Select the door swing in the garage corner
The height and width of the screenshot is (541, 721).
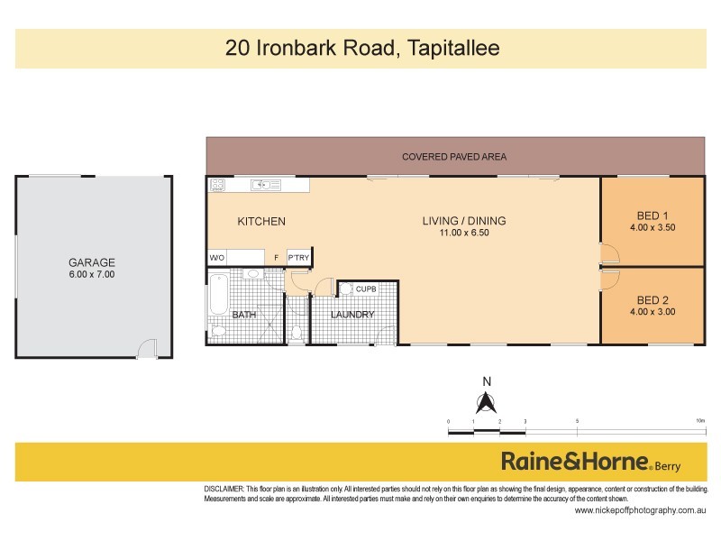(x=146, y=347)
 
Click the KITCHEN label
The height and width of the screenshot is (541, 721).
(x=261, y=222)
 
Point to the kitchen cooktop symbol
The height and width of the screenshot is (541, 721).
(x=217, y=185)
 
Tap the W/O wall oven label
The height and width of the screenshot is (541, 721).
(x=216, y=258)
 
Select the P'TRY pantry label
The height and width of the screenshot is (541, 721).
(x=298, y=258)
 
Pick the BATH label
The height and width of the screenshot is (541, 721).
(x=243, y=315)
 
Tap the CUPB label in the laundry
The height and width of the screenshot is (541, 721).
(x=365, y=289)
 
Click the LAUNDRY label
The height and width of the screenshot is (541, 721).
(x=351, y=315)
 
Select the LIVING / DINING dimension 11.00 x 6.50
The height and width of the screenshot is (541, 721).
(x=465, y=233)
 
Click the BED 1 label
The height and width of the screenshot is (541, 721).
(x=653, y=215)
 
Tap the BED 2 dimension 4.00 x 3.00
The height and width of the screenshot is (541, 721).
(x=653, y=312)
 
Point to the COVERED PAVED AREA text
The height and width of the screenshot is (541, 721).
(x=454, y=157)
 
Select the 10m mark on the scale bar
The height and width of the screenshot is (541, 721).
(x=700, y=422)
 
